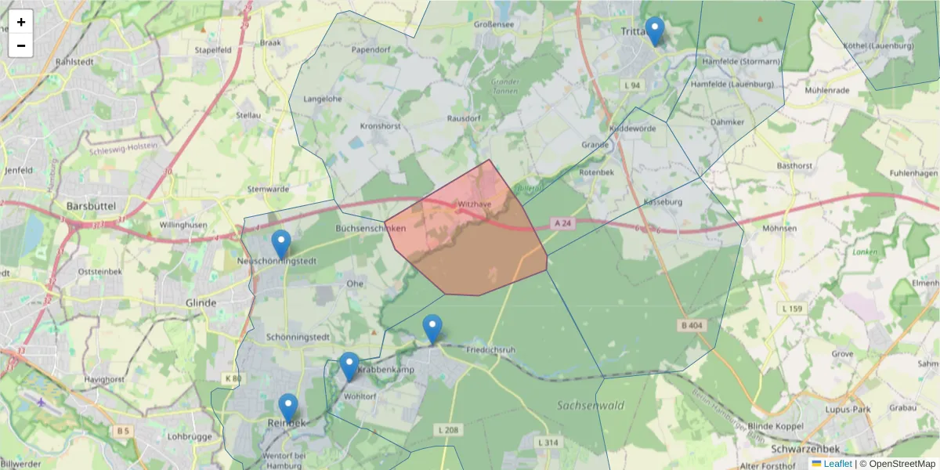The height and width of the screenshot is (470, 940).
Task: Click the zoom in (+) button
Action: [x=21, y=22]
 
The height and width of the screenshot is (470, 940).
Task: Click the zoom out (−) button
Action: [x=21, y=45]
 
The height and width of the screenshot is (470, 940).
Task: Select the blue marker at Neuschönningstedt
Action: [x=281, y=244]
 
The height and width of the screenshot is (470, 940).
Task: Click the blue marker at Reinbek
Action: [x=288, y=407]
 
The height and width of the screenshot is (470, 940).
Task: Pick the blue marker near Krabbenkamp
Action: [x=349, y=367]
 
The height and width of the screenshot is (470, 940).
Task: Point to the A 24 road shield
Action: [x=561, y=223]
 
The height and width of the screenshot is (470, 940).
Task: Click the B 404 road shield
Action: [x=689, y=324]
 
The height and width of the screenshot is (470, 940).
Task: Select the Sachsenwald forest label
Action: [x=591, y=406]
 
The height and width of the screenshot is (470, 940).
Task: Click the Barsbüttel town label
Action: [x=91, y=205]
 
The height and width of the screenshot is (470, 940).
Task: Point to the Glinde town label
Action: [x=201, y=302]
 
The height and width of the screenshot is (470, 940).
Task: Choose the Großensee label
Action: [x=493, y=24]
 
